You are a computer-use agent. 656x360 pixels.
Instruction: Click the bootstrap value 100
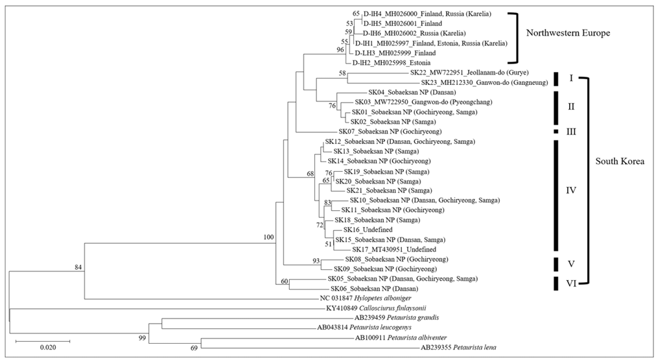[268, 237]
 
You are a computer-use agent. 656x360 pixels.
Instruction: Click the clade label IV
[571, 191]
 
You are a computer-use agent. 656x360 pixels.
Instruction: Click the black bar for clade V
[556, 263]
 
